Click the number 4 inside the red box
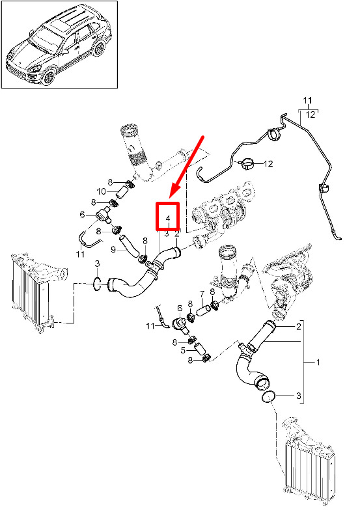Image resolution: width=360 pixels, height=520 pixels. [168, 219]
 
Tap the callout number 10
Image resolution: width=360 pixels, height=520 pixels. [101, 191]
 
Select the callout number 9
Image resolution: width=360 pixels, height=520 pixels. [113, 249]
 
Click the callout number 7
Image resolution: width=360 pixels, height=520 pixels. [202, 294]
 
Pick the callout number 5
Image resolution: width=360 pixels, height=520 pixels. [183, 350]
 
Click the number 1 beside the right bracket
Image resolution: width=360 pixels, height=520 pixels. [318, 362]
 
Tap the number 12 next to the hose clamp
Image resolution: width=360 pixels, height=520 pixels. [268, 163]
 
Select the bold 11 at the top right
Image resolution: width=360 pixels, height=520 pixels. [307, 100]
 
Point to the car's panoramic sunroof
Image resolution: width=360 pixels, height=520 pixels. [67, 20]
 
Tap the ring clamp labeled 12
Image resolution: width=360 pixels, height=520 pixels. [246, 163]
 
